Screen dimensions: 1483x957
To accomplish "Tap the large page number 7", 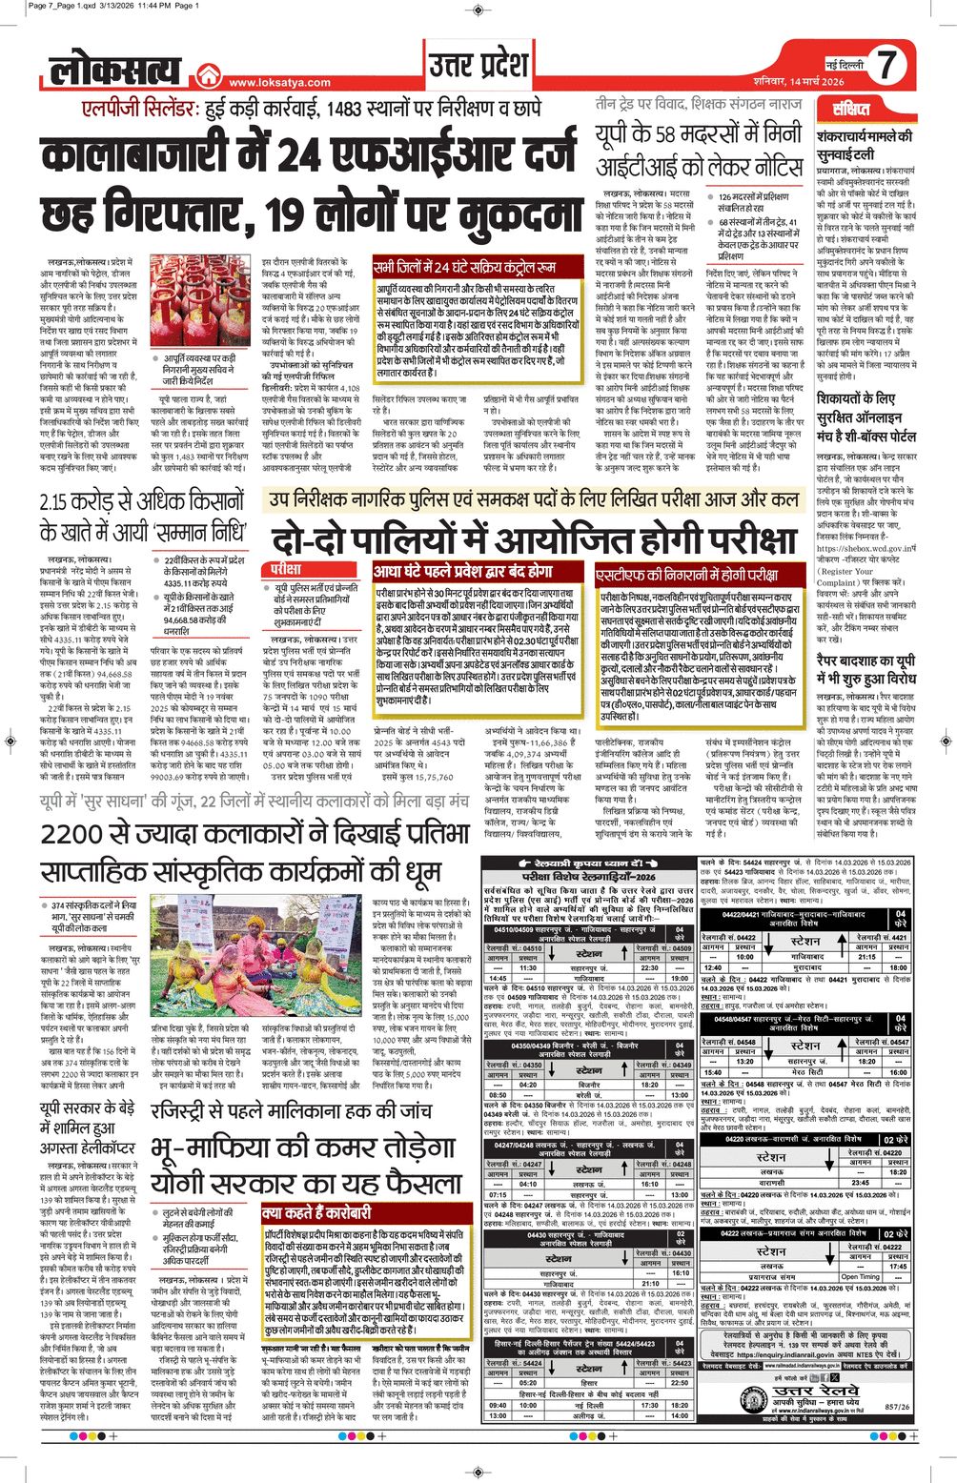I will tap(886, 66).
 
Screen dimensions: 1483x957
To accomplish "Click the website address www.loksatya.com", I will tap(279, 83).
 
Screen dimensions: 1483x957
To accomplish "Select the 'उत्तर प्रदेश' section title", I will tap(478, 66).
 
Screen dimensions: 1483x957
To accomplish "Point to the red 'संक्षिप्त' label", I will tap(850, 109).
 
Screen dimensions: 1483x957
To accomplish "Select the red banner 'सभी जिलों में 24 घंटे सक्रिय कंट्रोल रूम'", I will tap(465, 269).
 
